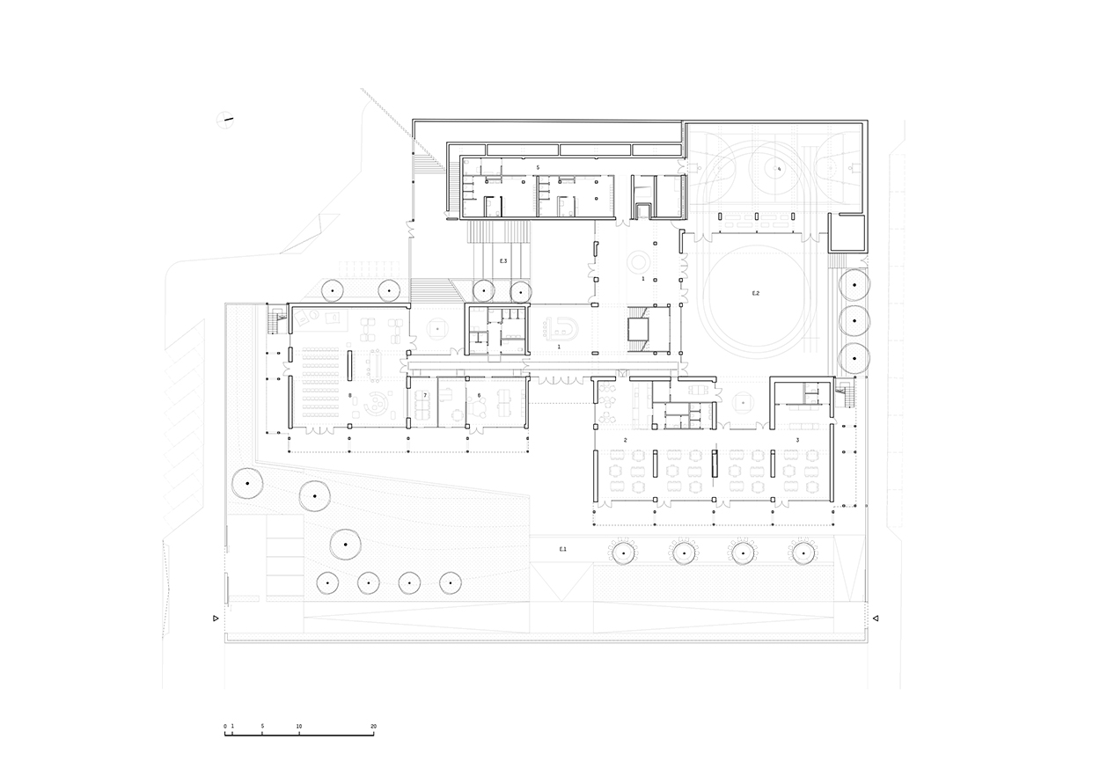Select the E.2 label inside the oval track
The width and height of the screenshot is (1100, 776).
(755, 292)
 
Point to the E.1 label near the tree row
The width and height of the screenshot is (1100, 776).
(563, 549)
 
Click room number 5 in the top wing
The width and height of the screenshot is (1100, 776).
(538, 166)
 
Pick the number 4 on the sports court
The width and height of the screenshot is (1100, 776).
(778, 168)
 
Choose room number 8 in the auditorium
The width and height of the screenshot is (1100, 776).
(350, 397)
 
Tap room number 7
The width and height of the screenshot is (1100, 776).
(424, 397)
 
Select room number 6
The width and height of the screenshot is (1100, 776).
(479, 397)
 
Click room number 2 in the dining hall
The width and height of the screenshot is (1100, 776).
(625, 438)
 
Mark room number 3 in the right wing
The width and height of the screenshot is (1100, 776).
(797, 438)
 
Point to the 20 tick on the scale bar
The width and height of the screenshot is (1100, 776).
(374, 727)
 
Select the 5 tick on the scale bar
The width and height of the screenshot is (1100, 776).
(262, 727)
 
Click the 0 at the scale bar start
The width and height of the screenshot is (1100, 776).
(225, 727)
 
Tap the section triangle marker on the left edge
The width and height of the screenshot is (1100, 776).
(216, 619)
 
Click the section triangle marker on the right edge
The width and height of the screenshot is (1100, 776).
(876, 619)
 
